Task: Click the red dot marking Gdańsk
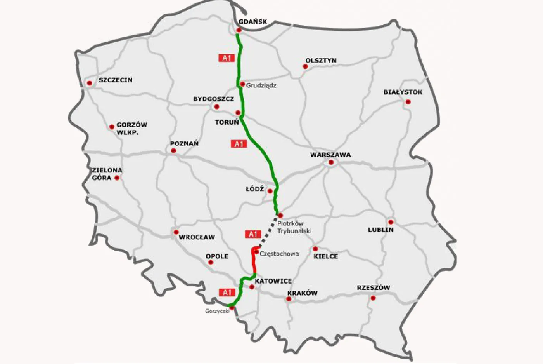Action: point(239,30)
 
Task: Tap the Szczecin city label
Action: point(115,80)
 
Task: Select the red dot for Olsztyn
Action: point(305,67)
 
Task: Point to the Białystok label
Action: point(403,92)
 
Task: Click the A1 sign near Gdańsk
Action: point(227,58)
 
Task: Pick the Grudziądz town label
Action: point(261,85)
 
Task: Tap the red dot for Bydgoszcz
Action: point(217,107)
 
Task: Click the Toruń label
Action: point(227,122)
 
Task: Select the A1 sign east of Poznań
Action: point(239,144)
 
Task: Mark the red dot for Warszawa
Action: point(331,162)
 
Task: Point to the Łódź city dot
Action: point(270,191)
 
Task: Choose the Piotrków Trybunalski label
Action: point(294,227)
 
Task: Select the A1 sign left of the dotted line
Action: point(252,234)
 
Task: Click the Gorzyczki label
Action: point(217,311)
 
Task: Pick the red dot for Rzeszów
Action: point(373,298)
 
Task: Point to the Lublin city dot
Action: point(391,222)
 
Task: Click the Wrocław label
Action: point(197,237)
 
